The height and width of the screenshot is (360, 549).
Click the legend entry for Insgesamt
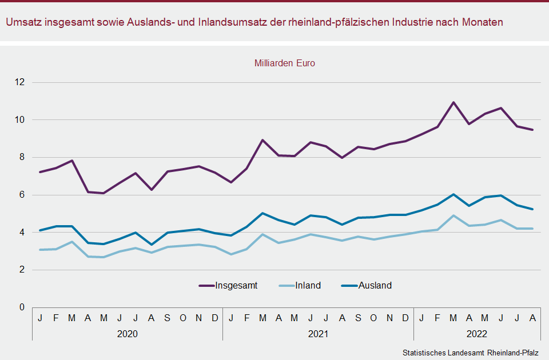236,285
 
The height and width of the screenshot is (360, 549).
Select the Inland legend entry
308,285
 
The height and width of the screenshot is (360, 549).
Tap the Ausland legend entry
375,285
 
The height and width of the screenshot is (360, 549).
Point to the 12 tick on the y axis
21,82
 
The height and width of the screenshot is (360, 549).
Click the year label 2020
127,333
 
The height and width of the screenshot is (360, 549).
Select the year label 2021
318,333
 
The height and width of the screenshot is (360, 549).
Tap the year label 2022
476,333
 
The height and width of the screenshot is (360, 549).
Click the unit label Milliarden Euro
285,63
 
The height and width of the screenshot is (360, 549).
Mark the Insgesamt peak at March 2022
453,103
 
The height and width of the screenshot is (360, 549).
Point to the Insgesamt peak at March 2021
262,140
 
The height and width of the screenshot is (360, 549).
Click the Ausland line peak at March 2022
453,194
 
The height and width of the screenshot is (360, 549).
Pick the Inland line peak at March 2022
453,215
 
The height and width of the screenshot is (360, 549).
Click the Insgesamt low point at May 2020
104,193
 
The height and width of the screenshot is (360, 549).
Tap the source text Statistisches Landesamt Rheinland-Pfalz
470,352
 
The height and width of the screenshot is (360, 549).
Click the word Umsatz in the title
23,22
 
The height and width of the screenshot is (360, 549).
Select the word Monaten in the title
484,22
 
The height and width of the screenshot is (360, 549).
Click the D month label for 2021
405,317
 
